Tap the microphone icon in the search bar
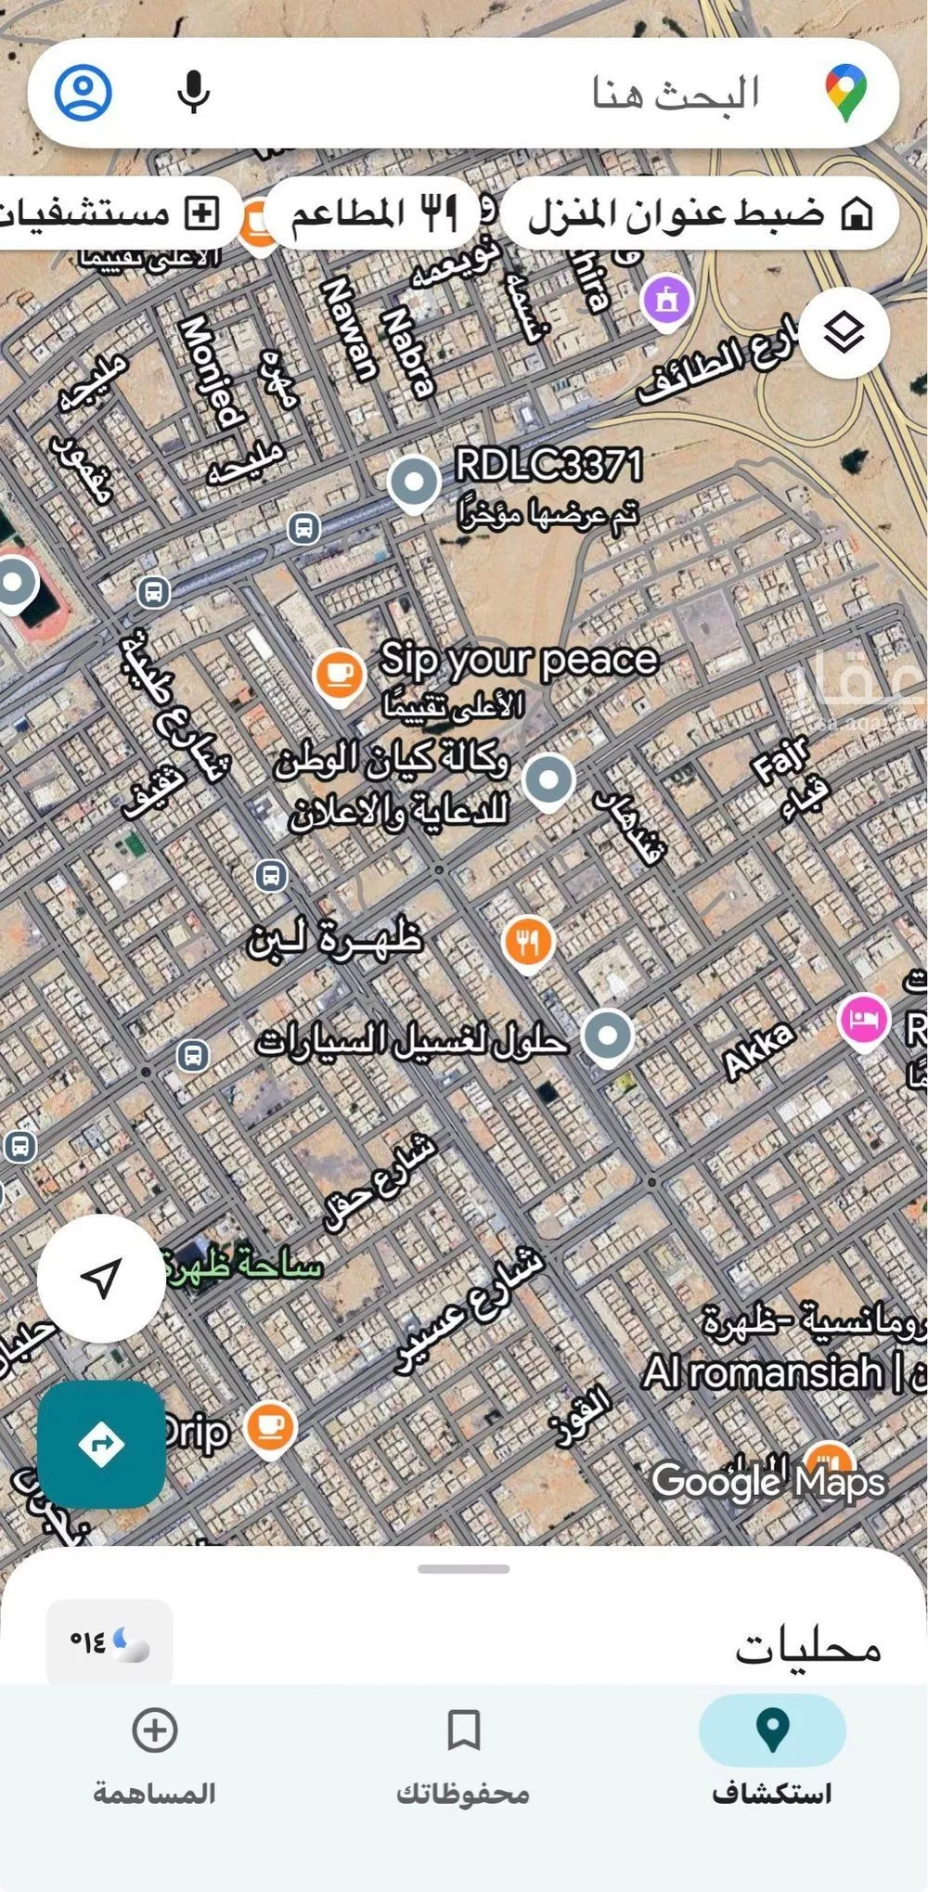tap(193, 92)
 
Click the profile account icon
tap(84, 92)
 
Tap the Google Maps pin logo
tap(845, 92)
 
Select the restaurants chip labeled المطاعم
tap(371, 213)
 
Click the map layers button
tap(844, 332)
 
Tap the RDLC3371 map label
tap(548, 464)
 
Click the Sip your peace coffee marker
tap(339, 675)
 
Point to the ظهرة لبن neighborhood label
tap(335, 939)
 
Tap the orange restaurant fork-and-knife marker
tap(527, 942)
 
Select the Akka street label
tap(759, 1051)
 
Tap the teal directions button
tap(101, 1444)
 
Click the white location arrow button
tap(101, 1279)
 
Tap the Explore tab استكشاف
tap(771, 1749)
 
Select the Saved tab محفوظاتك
tap(463, 1749)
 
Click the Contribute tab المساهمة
tap(154, 1749)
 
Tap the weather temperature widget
tap(110, 1642)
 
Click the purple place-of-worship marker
tap(666, 301)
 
